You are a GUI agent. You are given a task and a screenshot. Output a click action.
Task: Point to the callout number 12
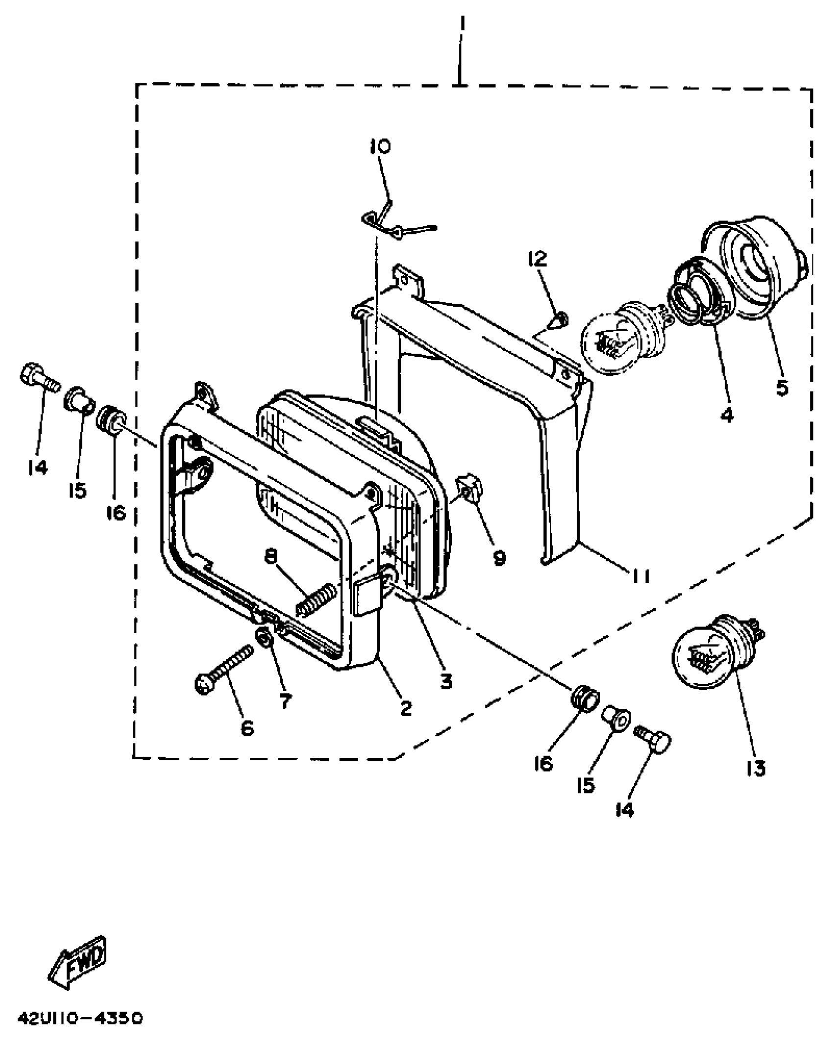pos(538,259)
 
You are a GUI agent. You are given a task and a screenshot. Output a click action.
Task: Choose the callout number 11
pos(640,577)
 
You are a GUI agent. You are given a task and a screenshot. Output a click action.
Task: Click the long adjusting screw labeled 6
pos(224,670)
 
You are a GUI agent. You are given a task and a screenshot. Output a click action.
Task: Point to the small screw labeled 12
pos(561,321)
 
